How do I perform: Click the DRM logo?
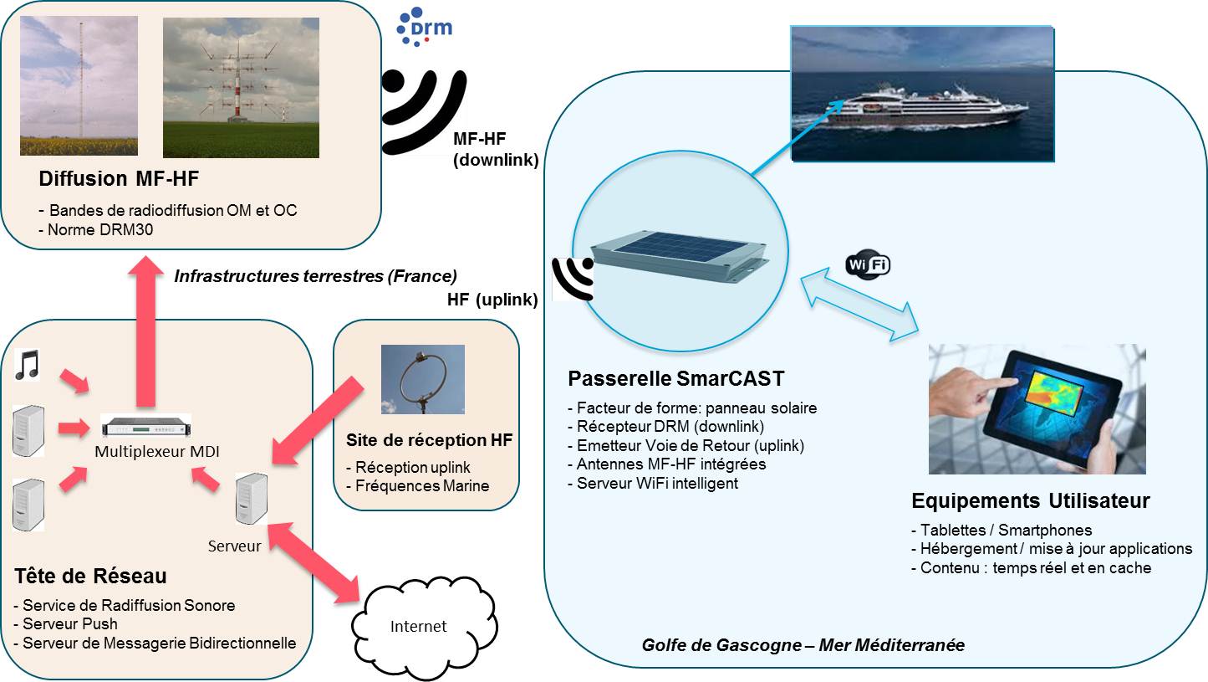pyautogui.click(x=425, y=26)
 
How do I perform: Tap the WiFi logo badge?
pyautogui.click(x=868, y=265)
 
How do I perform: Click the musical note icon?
pyautogui.click(x=28, y=366)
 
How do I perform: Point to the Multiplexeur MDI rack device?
pyautogui.click(x=145, y=426)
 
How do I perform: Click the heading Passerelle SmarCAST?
pyautogui.click(x=675, y=379)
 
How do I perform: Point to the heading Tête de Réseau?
pyautogui.click(x=90, y=577)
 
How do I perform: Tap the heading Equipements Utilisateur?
pyautogui.click(x=1030, y=501)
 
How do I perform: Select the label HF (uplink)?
pyautogui.click(x=492, y=300)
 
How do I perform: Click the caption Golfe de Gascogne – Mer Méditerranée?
pyautogui.click(x=803, y=645)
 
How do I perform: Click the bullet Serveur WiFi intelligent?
pyautogui.click(x=658, y=483)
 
